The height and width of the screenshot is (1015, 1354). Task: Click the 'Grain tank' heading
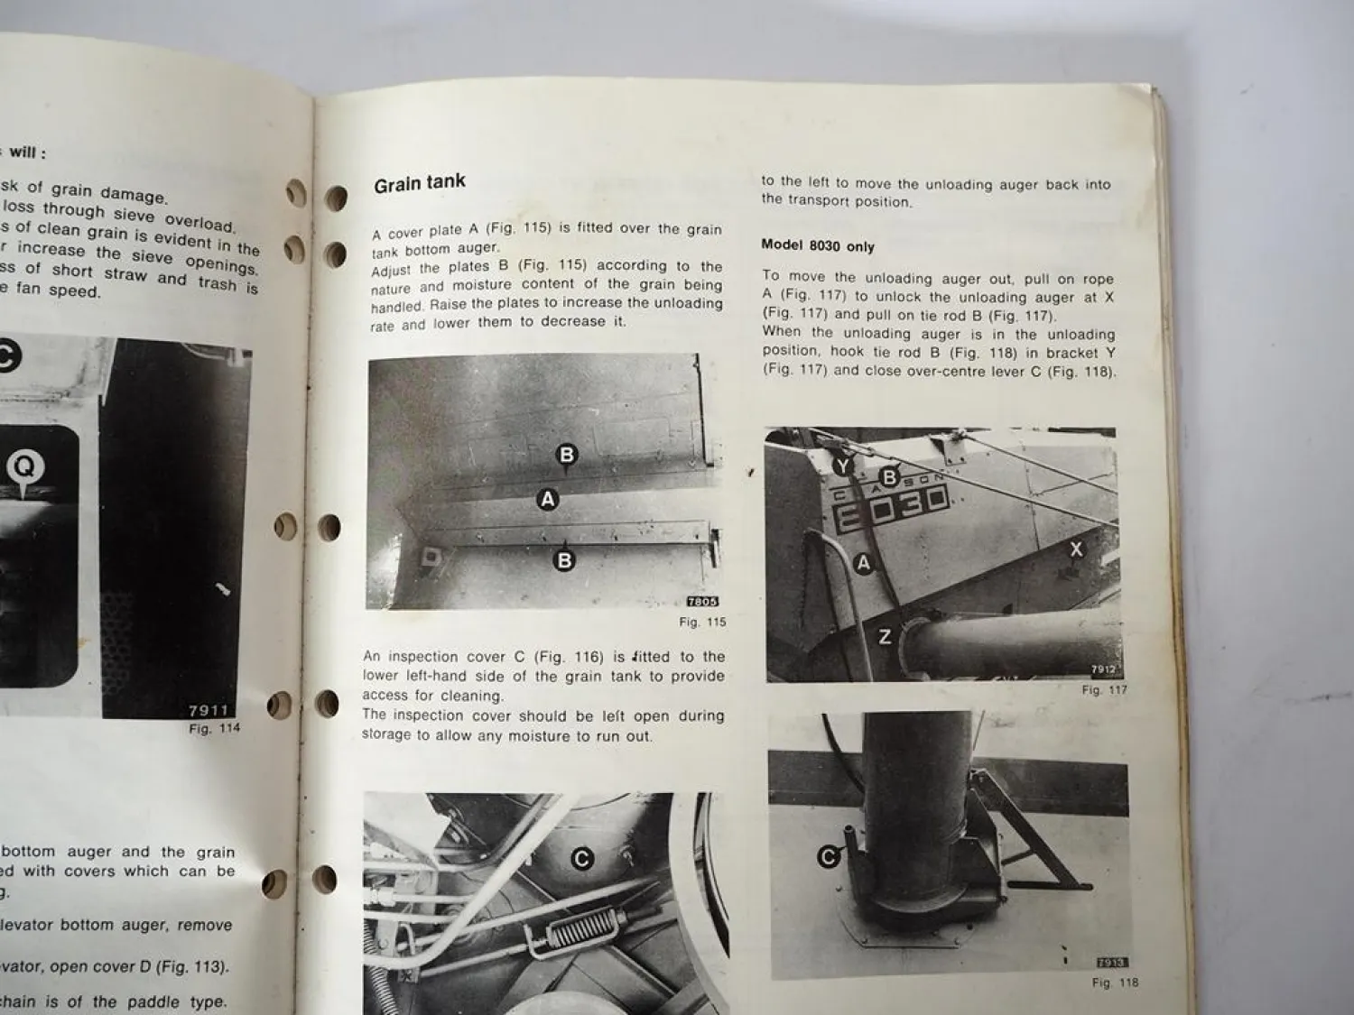[x=420, y=183]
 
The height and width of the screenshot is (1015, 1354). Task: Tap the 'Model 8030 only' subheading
[x=817, y=245]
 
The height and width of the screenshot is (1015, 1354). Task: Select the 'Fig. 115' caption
[x=702, y=622]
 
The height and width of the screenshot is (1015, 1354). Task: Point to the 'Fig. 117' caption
[x=1104, y=690]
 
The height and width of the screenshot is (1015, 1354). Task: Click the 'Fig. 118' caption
[x=1115, y=983]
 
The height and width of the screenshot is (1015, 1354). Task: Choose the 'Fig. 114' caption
[x=215, y=728]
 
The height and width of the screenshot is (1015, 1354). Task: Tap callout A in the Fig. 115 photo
[x=547, y=498]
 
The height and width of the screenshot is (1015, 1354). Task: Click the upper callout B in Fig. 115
[x=567, y=454]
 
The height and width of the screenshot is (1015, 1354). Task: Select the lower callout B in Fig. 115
[x=564, y=560]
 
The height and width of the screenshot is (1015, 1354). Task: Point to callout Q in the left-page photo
[x=24, y=466]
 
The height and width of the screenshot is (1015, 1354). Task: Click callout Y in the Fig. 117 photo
[x=841, y=466]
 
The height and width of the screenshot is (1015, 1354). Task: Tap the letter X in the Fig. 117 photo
[x=1076, y=549]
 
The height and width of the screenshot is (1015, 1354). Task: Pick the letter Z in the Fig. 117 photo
[x=885, y=636]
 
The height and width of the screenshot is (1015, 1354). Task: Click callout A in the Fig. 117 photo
[x=863, y=563]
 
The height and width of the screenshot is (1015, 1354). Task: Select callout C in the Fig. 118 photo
[x=828, y=856]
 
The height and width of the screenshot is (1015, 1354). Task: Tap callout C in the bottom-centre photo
[x=582, y=859]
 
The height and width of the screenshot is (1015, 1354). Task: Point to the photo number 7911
[x=209, y=711]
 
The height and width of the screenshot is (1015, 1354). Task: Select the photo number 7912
[x=1103, y=670]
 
